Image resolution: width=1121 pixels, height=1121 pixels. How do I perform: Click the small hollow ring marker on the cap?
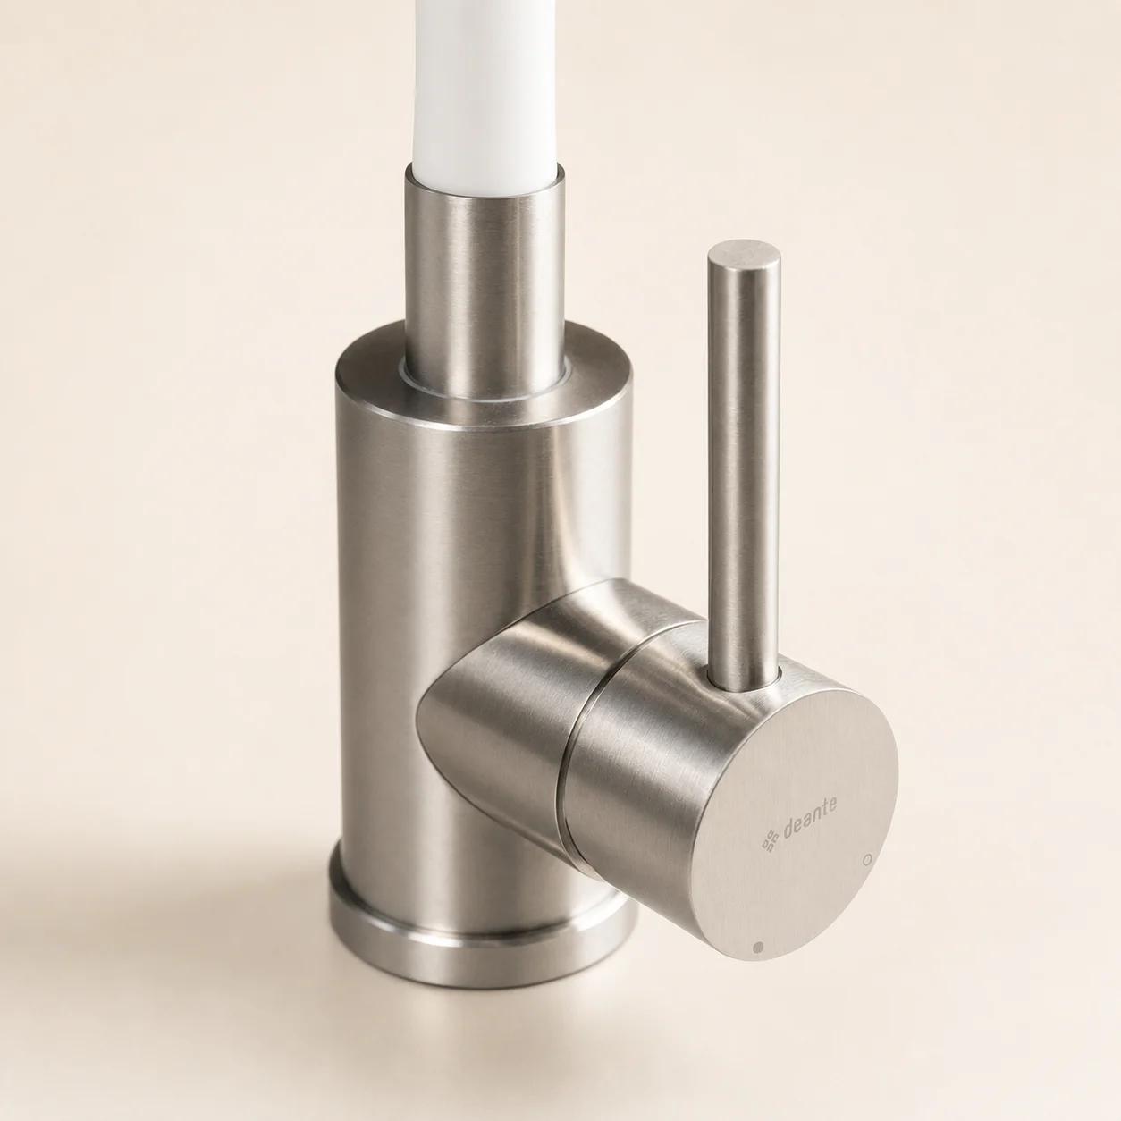coord(870,858)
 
